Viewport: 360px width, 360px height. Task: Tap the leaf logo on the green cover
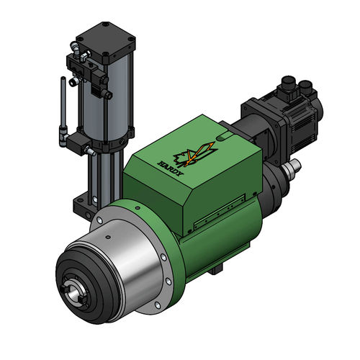[x=193, y=153]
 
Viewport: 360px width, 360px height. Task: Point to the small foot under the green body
[x=217, y=271]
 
